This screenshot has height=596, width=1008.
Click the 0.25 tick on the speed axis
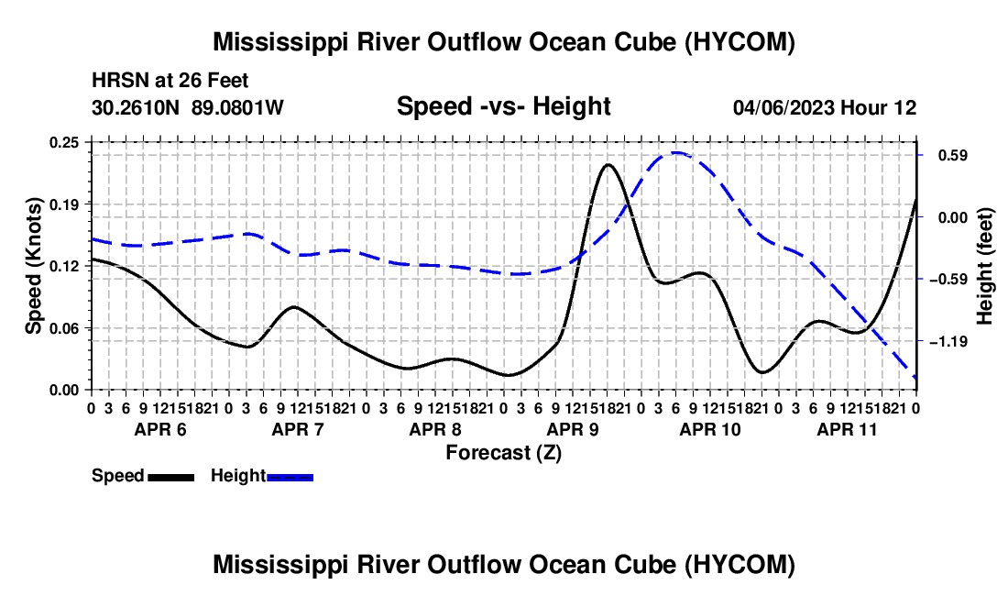64,143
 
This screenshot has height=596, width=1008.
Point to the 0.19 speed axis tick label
64,204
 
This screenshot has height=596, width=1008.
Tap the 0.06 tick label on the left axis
64,328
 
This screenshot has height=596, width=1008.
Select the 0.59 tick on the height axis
953,156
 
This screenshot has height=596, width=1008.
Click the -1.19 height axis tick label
948,342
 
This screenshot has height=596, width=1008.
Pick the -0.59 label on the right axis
948,280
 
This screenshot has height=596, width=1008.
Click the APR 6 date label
160,429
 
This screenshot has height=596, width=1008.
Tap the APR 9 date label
573,429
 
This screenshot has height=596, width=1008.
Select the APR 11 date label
848,429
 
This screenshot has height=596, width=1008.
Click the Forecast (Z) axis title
504,453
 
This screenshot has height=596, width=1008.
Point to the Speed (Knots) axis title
33,266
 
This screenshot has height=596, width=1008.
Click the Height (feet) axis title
985,266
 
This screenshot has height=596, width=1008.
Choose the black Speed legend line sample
171,477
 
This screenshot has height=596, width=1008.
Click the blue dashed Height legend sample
290,477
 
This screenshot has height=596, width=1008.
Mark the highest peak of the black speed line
608,165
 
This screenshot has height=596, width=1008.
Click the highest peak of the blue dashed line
675,153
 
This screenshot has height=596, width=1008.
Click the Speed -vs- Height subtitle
504,106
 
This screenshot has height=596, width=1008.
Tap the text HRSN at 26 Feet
170,81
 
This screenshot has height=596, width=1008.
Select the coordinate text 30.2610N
136,107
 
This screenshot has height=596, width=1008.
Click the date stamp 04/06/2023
783,107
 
